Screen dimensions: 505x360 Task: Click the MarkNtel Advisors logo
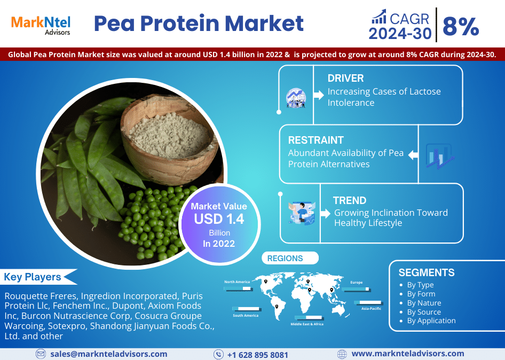41,25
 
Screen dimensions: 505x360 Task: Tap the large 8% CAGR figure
461,26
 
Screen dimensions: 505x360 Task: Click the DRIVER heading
345,78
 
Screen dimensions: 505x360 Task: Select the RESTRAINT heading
316,140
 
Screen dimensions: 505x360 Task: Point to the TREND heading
350,200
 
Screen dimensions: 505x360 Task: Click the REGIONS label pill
290,258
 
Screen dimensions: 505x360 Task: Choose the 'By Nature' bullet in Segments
424,303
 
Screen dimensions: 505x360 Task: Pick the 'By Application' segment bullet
431,320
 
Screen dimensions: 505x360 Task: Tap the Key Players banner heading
33,277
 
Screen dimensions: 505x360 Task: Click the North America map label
237,281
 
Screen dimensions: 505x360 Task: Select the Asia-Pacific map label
372,308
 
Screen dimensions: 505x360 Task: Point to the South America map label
246,316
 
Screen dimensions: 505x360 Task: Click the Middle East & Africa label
307,324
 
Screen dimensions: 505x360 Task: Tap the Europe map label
357,283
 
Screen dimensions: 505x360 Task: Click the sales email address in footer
108,354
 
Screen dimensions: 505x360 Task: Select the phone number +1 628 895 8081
258,355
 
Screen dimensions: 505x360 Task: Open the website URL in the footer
408,354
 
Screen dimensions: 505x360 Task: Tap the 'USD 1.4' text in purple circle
219,219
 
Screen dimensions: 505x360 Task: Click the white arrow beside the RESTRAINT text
413,155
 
